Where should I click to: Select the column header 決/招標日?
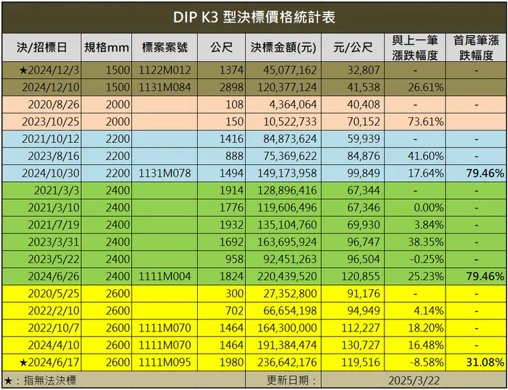point(42,47)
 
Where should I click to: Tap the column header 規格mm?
point(106,47)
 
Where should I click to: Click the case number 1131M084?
point(165,87)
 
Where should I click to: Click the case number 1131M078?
point(165,173)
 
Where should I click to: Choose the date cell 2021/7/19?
point(54,225)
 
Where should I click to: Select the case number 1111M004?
point(165,276)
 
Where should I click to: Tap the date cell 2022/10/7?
point(54,328)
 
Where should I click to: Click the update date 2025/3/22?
point(413,379)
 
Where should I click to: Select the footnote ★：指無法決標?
point(41,379)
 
